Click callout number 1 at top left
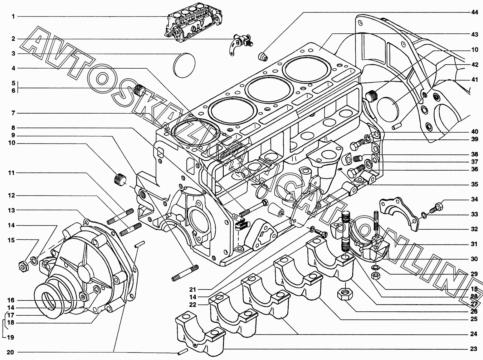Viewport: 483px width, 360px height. click(13, 17)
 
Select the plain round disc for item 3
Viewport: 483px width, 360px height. click(184, 65)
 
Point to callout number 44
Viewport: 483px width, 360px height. click(474, 12)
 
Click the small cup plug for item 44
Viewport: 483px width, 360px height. click(264, 57)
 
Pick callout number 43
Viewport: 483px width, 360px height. click(474, 35)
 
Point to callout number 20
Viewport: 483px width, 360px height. click(10, 352)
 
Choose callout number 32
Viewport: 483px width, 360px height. click(474, 229)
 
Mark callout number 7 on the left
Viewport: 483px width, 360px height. click(13, 113)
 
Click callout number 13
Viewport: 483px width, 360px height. click(11, 211)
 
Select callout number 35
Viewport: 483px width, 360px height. click(474, 184)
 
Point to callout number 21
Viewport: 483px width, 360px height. click(192, 289)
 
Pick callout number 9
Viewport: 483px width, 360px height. click(13, 135)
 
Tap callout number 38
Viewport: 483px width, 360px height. click(474, 154)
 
